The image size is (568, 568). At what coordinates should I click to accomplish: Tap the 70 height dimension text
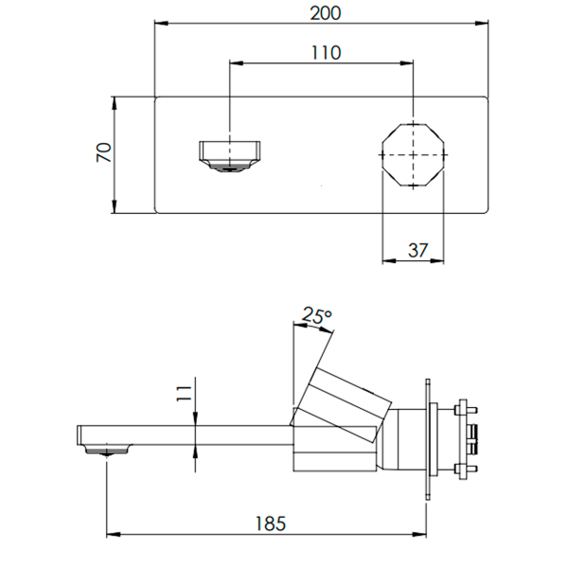coord(105,153)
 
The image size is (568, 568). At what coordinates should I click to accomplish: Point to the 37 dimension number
coord(417,250)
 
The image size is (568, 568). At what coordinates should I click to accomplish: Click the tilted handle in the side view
coord(346,401)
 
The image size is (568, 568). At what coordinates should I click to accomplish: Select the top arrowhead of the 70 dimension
coord(115,98)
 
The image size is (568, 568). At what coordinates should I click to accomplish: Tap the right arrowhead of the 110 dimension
coord(411,63)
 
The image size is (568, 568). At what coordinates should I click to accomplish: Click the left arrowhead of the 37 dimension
coord(384,262)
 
